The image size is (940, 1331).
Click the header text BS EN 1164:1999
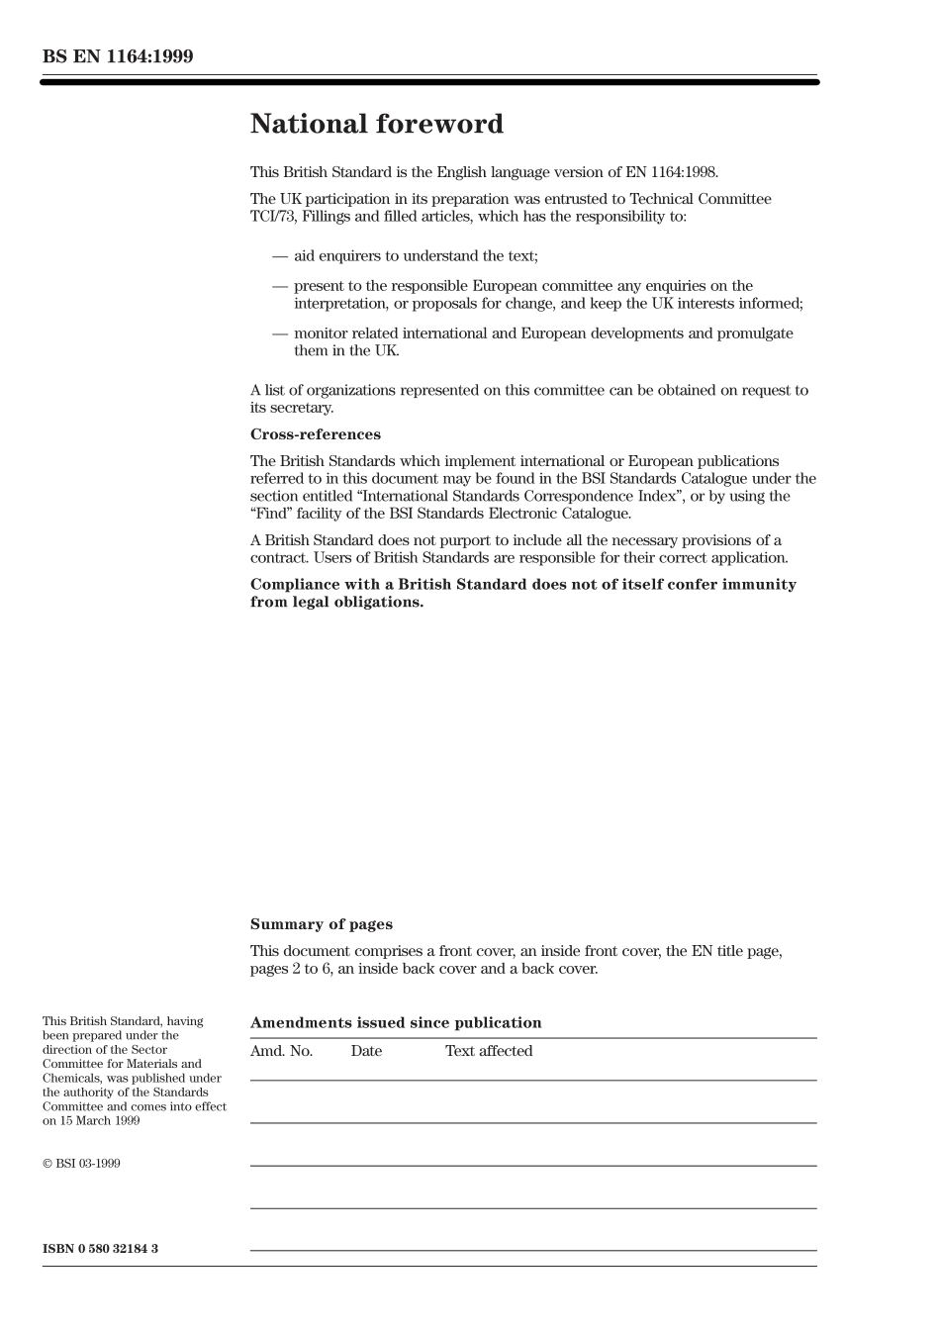tap(118, 56)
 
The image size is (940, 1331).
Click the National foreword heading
tap(376, 125)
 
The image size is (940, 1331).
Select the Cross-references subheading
tap(315, 434)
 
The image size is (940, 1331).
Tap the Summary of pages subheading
tap(321, 924)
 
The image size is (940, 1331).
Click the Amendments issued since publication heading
tap(396, 1023)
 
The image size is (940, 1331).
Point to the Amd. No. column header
tap(281, 1051)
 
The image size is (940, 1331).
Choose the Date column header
tap(366, 1051)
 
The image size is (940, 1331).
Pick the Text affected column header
tap(489, 1051)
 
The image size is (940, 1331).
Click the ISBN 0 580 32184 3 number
tap(100, 1249)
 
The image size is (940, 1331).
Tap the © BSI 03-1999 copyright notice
tap(81, 1164)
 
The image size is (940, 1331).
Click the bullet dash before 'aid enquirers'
tap(280, 256)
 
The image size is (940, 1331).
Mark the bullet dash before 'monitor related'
tap(280, 333)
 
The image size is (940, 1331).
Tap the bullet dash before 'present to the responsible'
tap(280, 286)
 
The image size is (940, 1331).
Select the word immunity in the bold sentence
tap(750, 585)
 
